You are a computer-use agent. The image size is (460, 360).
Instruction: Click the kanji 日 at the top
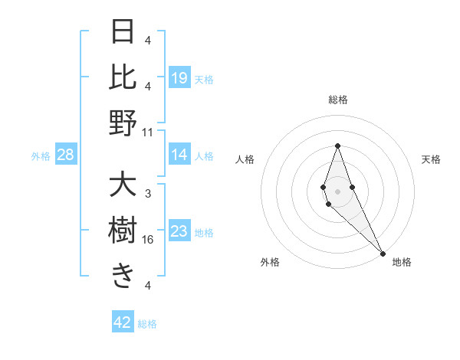pos(123,32)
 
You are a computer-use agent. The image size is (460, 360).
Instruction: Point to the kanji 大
pos(123,186)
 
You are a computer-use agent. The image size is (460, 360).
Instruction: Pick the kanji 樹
pos(123,231)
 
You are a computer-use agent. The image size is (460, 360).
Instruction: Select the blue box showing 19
pos(179,77)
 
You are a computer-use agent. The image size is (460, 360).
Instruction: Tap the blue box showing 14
pos(179,155)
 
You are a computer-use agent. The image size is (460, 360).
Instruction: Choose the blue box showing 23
pos(179,231)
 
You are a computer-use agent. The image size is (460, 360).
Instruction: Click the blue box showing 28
pos(66,155)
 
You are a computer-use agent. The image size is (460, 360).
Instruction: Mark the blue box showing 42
pos(123,322)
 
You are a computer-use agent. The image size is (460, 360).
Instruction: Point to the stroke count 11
pos(148,132)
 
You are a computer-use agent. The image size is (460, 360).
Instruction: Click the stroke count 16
pos(148,240)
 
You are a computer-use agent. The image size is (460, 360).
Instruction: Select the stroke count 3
pos(148,194)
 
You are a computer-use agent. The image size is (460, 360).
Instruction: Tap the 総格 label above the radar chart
pos(338,100)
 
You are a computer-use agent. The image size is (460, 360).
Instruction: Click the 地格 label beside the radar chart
pos(402,262)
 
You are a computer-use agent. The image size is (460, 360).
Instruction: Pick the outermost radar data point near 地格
pos(383,253)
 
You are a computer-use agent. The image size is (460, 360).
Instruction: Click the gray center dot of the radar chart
pos(338,191)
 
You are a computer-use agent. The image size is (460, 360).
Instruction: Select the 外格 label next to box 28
pos(41,156)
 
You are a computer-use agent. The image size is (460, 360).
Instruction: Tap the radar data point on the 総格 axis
pos(338,146)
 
